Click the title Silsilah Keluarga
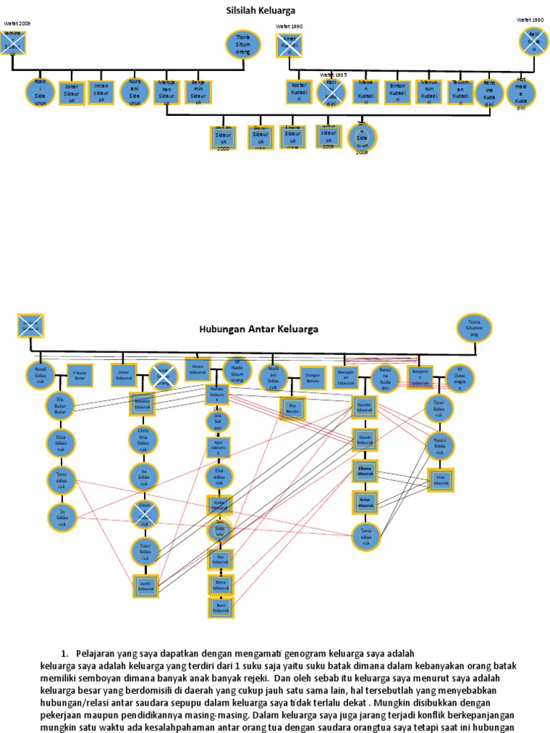[x=261, y=11]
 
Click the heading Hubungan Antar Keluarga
[x=258, y=329]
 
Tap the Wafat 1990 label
[x=289, y=26]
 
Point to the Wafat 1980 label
[x=531, y=19]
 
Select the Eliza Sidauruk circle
[x=60, y=442]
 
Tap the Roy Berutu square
[x=291, y=409]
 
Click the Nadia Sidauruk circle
[x=440, y=445]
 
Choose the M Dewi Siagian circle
[x=460, y=379]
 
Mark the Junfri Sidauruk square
[x=144, y=586]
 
